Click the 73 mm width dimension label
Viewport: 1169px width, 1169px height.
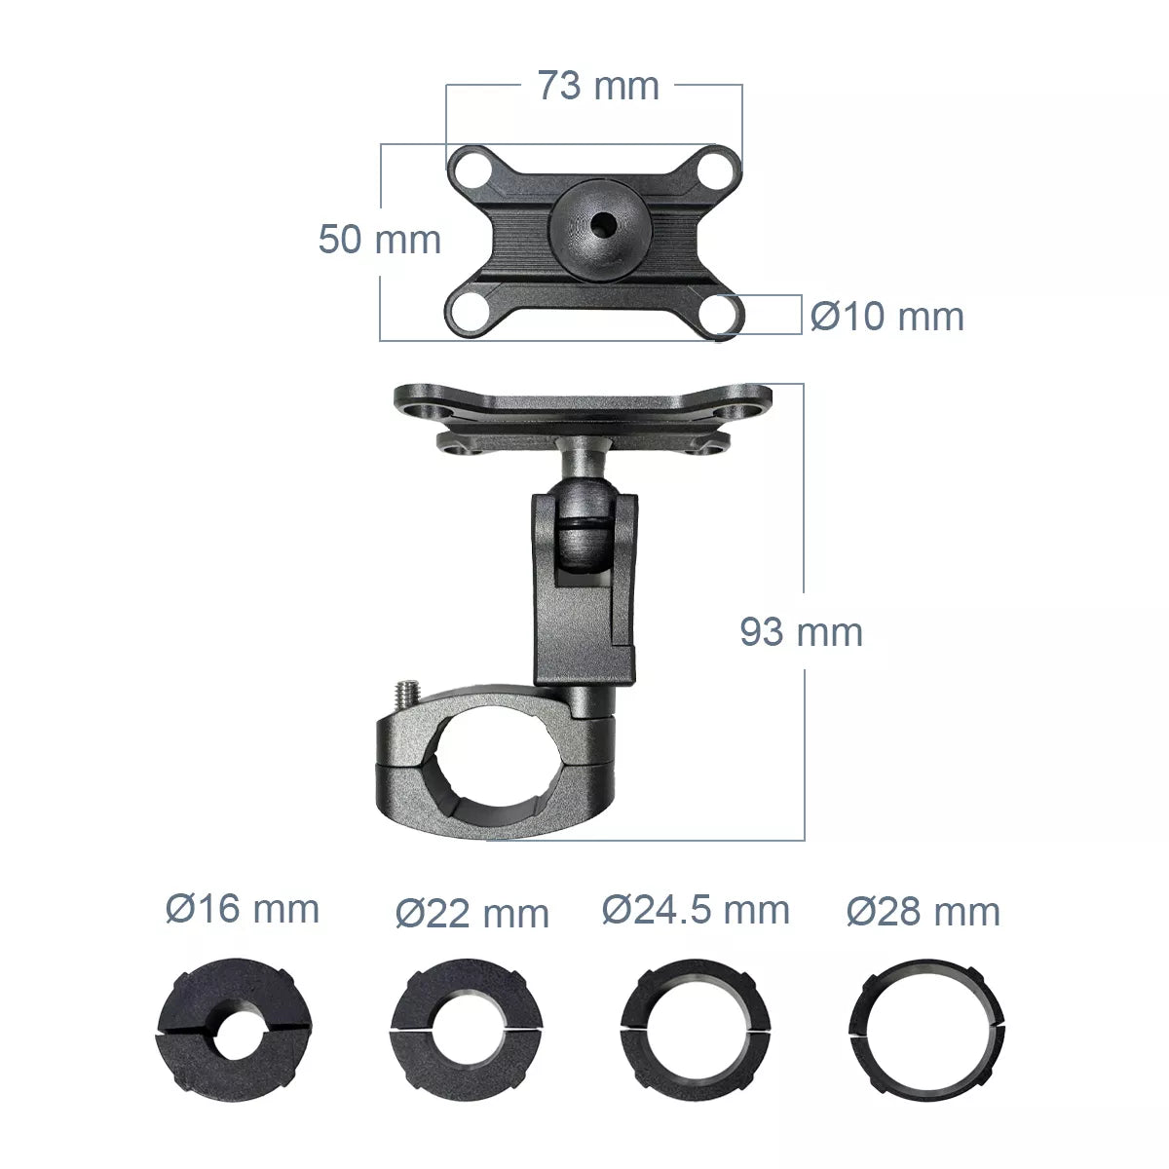[x=598, y=86]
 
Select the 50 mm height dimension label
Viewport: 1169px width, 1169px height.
[x=380, y=239]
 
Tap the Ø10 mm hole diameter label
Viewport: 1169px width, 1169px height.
[x=886, y=317]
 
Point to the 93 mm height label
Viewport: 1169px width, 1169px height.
[x=801, y=632]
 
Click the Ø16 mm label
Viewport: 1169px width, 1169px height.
[x=243, y=910]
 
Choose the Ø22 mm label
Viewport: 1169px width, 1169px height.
[x=472, y=914]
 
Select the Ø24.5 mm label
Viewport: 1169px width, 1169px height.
[x=696, y=910]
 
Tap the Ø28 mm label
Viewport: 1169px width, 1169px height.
[x=923, y=912]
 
